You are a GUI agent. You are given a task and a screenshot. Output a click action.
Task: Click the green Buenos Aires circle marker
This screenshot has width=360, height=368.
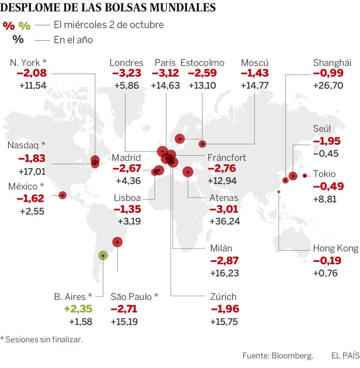coord(103,255)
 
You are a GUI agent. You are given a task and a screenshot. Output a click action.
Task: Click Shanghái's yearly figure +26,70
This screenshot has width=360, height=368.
coord(328,85)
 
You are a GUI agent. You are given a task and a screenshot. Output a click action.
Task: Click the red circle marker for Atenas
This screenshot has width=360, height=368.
coord(188,172)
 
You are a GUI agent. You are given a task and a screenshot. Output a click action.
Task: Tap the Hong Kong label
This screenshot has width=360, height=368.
coord(335,249)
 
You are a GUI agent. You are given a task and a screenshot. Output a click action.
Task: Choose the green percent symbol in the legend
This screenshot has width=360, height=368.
coord(24,26)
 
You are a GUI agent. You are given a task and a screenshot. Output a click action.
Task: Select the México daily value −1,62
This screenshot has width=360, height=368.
coord(30,199)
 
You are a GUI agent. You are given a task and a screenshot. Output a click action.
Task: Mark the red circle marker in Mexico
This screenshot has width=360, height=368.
coord(62,195)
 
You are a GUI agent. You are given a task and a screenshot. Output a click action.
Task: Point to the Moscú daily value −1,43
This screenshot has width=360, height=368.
coord(254,74)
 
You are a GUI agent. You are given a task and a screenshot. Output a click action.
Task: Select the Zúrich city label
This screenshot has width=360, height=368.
coord(224,297)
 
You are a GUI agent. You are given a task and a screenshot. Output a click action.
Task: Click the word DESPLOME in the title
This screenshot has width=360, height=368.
coord(28,8)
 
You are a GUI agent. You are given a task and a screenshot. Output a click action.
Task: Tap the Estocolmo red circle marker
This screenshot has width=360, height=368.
coord(180,138)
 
